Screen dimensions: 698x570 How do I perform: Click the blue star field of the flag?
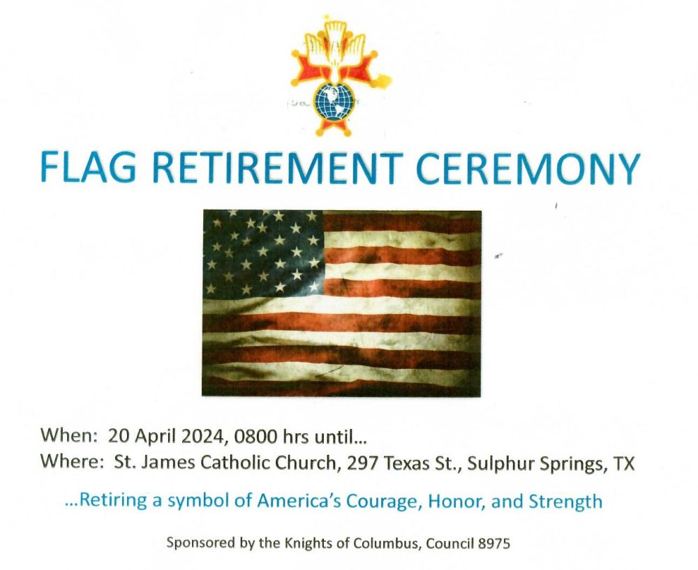pyautogui.click(x=263, y=253)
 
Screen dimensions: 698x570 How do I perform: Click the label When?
pyautogui.click(x=69, y=435)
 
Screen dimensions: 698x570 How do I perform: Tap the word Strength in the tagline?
pyautogui.click(x=565, y=502)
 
